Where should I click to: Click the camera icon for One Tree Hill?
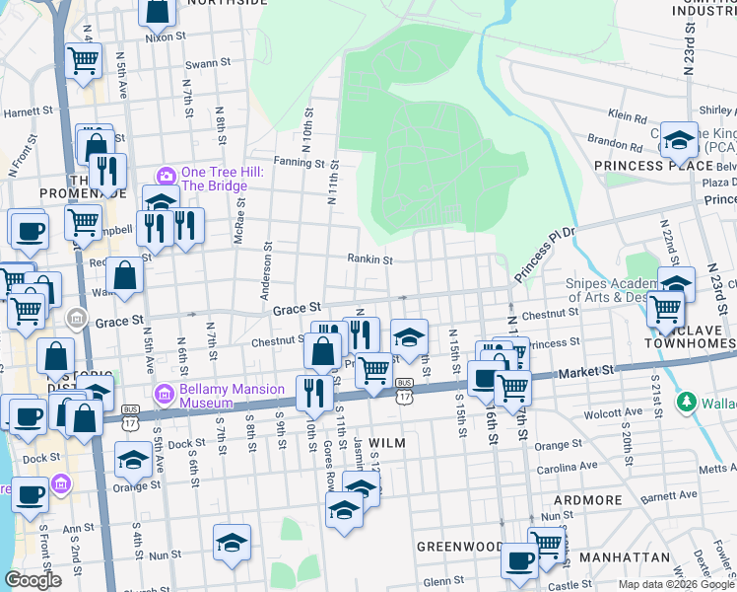(x=166, y=175)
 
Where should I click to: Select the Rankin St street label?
(x=369, y=260)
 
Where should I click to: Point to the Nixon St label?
(x=165, y=37)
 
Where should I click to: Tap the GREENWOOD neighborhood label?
(x=459, y=546)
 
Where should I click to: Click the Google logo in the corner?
(x=33, y=580)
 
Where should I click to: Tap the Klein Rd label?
(x=628, y=115)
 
